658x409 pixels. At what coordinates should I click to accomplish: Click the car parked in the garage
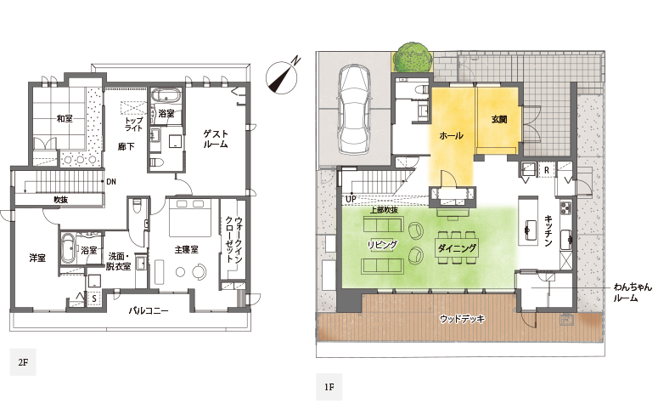[x=355, y=110]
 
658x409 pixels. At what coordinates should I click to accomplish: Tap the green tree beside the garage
[x=414, y=57]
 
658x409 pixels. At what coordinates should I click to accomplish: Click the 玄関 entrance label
[x=499, y=119]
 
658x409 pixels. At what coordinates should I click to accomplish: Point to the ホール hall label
[x=451, y=135]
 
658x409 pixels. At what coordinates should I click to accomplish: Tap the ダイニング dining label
[x=458, y=248]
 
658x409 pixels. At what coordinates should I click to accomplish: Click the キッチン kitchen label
[x=548, y=230]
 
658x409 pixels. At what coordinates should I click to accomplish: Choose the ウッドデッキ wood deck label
[x=462, y=319]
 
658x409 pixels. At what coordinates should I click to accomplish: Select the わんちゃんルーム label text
[x=633, y=293]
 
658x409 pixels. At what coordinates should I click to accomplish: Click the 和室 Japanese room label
[x=65, y=118]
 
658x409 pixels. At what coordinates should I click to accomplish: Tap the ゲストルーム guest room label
[x=216, y=139]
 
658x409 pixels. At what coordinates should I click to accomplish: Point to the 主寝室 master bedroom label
[x=186, y=249]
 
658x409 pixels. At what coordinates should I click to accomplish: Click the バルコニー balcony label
[x=148, y=311]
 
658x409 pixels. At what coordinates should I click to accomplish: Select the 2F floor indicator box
[x=23, y=362]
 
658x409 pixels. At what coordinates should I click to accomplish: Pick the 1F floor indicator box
[x=329, y=387]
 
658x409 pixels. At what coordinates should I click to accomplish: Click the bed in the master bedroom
[x=190, y=218]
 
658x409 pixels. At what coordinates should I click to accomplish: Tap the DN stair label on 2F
[x=111, y=182]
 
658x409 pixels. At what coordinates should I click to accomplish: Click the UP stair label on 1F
[x=351, y=198]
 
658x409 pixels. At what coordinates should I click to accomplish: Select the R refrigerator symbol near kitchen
[x=547, y=170]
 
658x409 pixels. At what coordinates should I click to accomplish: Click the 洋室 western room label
[x=37, y=258]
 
